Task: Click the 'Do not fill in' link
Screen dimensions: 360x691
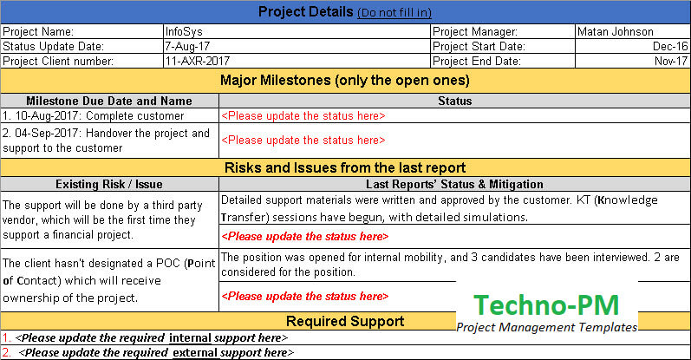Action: point(394,13)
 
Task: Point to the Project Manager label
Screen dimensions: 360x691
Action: point(475,31)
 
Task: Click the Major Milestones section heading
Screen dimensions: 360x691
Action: point(344,81)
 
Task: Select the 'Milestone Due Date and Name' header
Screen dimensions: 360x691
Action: point(109,101)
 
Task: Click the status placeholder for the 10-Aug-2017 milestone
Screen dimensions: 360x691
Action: point(303,115)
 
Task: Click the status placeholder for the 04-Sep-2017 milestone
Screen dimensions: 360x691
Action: point(303,140)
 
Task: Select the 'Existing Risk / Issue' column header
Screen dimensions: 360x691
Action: point(109,184)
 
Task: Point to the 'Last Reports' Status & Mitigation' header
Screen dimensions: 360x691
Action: point(454,184)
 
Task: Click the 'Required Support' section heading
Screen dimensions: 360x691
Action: point(344,321)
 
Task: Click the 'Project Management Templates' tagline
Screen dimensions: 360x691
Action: point(546,327)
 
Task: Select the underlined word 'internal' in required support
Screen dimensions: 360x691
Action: point(194,337)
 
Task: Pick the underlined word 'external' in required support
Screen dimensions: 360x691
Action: point(199,352)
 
